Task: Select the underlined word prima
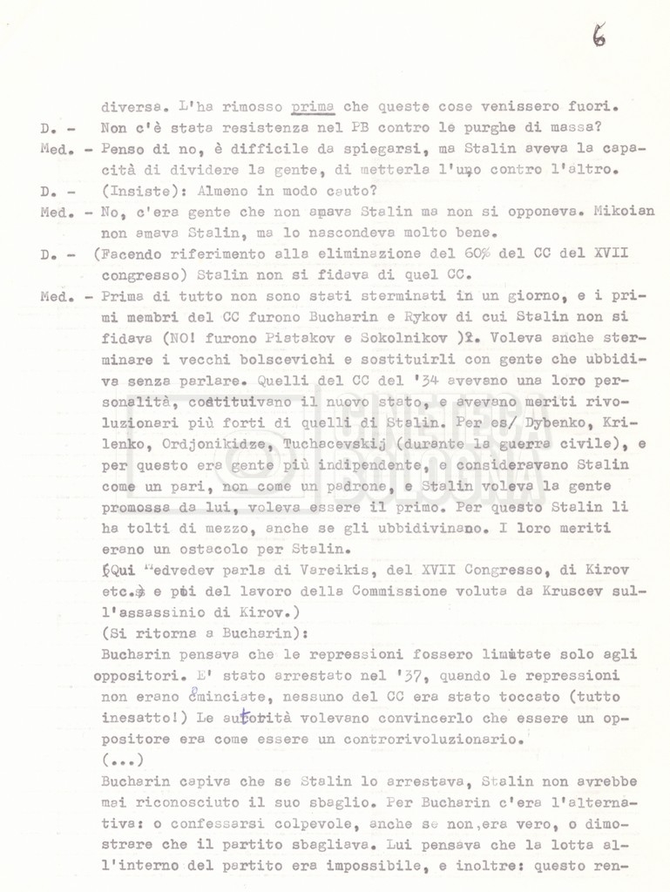tap(311, 108)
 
